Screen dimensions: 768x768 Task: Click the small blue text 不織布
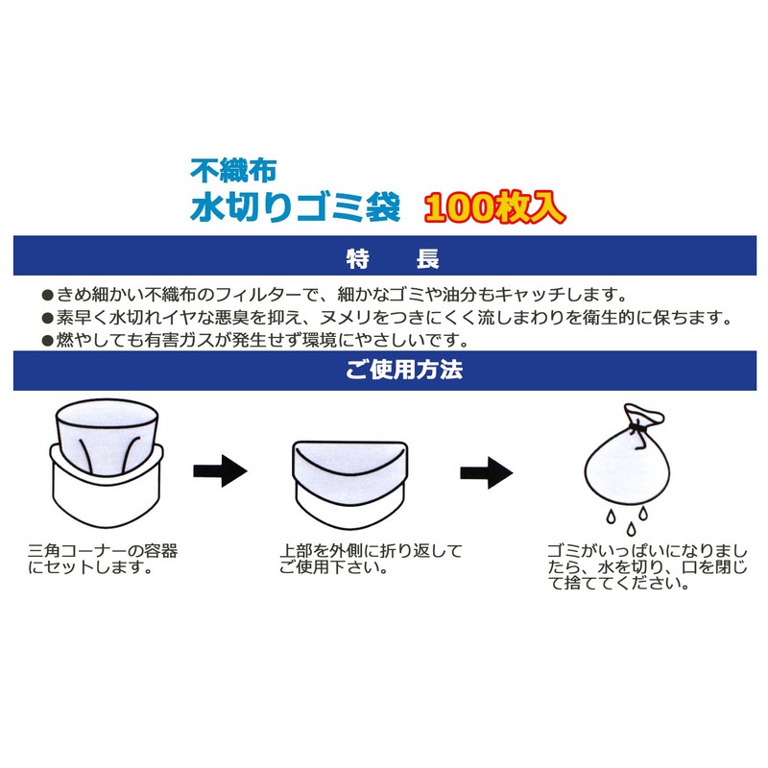233,172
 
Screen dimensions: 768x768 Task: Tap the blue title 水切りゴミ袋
294,206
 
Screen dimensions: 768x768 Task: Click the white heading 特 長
391,257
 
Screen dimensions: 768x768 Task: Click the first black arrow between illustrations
220,471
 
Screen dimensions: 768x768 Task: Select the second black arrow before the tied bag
486,471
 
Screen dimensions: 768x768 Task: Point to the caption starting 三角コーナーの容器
103,559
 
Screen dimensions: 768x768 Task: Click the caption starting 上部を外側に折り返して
371,559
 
